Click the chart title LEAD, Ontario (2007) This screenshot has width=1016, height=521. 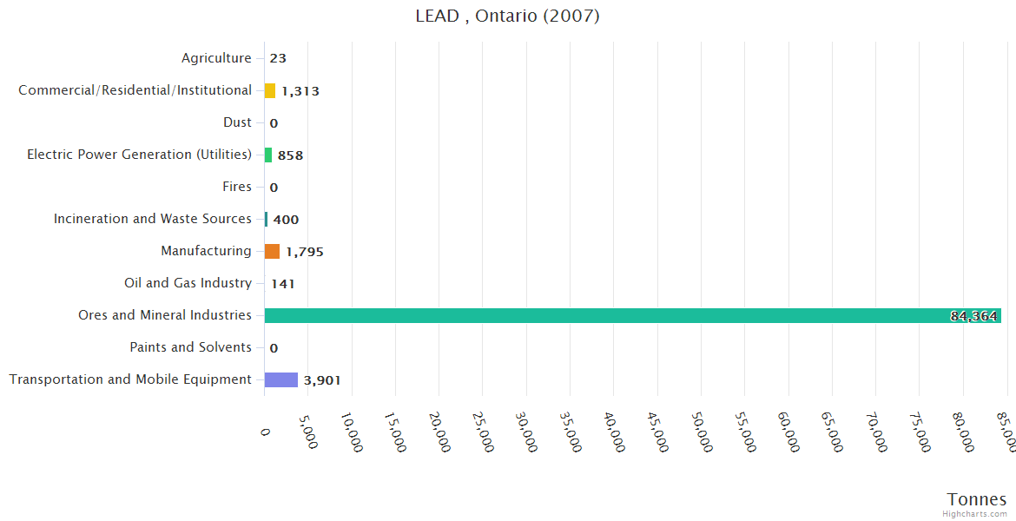pos(507,16)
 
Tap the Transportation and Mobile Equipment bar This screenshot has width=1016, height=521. pos(281,379)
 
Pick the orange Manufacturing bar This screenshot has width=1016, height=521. pos(272,251)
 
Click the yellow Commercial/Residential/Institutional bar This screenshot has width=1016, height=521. pos(270,90)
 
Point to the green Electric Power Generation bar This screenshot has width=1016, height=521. pos(268,155)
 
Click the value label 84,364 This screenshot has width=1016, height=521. pos(973,316)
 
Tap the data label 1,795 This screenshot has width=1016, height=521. pos(304,252)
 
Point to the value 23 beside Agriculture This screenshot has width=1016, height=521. pos(278,59)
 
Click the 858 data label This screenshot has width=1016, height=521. pos(290,155)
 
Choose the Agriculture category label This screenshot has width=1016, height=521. pos(216,58)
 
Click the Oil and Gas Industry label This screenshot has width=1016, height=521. pos(188,283)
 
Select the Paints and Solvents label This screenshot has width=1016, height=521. pos(191,347)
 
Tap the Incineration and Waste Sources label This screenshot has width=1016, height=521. pos(153,219)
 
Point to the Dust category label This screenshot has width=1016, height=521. pos(237,122)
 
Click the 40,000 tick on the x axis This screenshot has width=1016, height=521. pos(611,432)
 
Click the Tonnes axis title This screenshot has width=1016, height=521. pos(977,499)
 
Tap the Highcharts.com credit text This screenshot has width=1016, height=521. pos(975,514)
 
